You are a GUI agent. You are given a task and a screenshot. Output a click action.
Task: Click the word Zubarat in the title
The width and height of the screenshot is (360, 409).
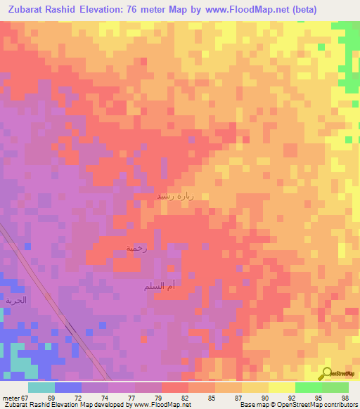[x=28, y=10]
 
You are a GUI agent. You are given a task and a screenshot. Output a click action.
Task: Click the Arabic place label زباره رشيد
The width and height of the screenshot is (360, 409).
[x=172, y=196]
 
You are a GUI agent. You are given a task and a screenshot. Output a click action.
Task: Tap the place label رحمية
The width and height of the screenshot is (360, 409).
[x=136, y=249]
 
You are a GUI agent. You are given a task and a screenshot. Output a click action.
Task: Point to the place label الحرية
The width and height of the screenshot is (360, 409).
[x=16, y=300]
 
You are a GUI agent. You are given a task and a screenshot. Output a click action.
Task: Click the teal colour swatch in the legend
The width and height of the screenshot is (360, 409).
[x=41, y=387]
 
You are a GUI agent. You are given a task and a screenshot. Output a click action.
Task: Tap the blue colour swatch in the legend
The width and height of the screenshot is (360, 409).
[x=68, y=387]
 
